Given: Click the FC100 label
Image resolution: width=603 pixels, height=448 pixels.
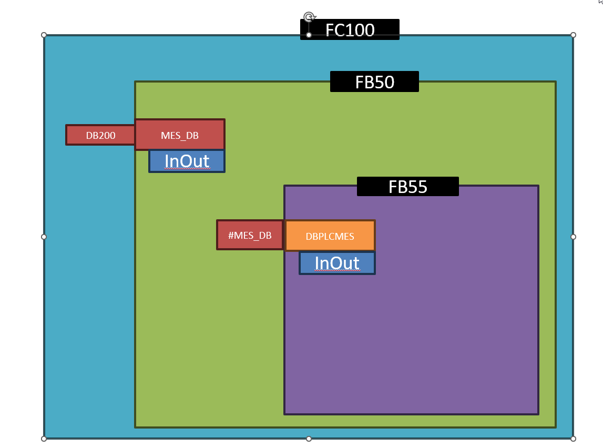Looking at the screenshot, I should pos(350,29).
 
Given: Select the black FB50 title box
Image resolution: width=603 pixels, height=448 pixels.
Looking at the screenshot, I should pos(374,82).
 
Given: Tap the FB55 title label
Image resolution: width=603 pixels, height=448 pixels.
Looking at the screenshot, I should pos(407,187).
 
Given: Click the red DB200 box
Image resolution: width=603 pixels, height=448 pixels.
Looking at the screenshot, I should pos(100,135).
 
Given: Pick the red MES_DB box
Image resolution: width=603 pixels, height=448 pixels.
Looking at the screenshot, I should pos(180,135).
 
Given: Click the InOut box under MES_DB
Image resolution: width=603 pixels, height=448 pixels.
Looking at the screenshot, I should pos(187,161).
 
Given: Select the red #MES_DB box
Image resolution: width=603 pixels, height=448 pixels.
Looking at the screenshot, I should pos(250,235).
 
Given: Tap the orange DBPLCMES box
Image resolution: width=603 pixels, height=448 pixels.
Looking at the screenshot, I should pos(330,236).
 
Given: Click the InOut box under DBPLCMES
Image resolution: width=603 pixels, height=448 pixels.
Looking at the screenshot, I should pos(337,263).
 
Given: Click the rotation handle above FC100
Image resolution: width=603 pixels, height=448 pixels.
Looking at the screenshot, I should pos(309,17).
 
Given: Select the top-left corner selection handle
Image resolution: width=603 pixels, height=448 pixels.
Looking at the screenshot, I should pos(44,35).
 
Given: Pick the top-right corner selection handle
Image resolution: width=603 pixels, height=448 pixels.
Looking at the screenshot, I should pos(573,35).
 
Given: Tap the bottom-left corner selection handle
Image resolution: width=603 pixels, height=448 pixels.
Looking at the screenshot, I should pos(44,438).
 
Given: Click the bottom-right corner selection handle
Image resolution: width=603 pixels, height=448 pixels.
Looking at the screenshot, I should pos(573,438).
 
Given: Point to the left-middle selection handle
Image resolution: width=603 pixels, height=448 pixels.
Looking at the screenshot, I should pos(44,237).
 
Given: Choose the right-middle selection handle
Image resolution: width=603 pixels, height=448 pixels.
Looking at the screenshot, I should pos(573,237).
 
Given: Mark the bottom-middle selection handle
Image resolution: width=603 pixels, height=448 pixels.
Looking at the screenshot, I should pos(309,438).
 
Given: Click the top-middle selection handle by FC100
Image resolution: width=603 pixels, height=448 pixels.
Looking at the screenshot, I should pos(309,35).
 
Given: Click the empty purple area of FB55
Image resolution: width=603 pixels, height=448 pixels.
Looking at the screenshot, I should pos(421,342).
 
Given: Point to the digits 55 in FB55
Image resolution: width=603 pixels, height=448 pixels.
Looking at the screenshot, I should pos(417,187).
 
